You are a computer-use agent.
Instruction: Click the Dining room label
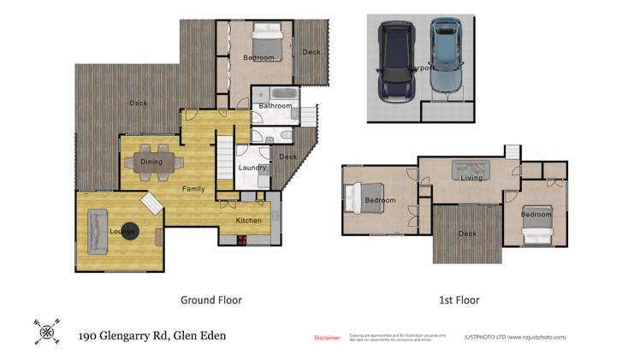(x=151, y=162)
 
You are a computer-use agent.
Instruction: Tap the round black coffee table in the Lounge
(x=129, y=231)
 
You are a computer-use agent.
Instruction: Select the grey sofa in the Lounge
(x=95, y=232)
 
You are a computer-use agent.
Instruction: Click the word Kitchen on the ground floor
(x=249, y=221)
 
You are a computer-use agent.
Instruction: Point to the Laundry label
(x=252, y=168)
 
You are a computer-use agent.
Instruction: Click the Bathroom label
(x=276, y=107)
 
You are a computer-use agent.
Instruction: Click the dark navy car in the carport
(x=395, y=62)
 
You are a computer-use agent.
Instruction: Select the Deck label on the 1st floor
(x=467, y=233)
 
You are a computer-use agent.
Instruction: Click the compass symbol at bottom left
(x=47, y=331)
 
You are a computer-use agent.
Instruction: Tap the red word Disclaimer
(x=328, y=338)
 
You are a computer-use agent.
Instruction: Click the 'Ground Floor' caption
(x=210, y=300)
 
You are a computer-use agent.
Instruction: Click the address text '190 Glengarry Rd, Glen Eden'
(x=152, y=335)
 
